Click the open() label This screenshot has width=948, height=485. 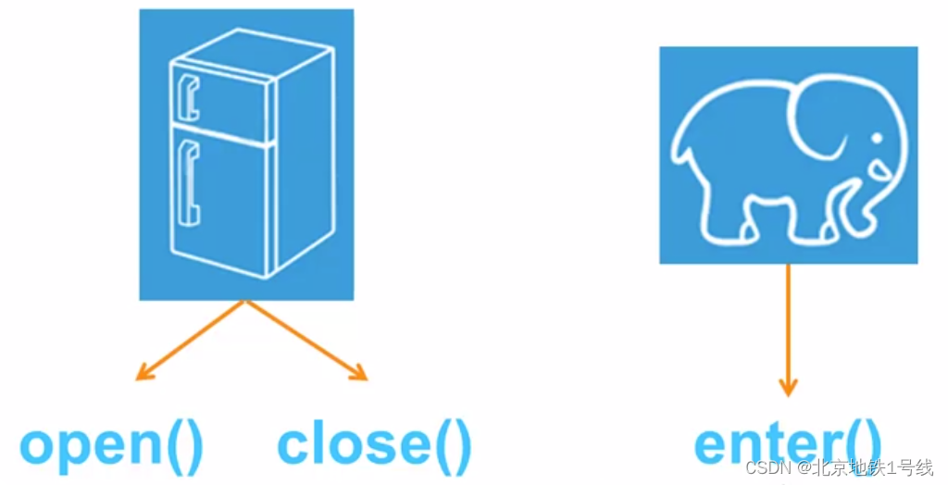[112, 445]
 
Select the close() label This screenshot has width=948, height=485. [374, 445]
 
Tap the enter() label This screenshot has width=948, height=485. [788, 445]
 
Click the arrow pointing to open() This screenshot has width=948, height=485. [190, 341]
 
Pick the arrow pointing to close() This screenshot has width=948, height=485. [306, 341]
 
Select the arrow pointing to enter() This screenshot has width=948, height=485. [788, 330]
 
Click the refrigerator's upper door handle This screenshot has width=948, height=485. [189, 97]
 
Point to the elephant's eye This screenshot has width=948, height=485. [877, 139]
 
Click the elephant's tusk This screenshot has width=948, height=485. [879, 169]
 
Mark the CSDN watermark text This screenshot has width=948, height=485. [840, 466]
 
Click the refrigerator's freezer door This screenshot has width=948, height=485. [221, 100]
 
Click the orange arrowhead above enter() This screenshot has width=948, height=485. [788, 387]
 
